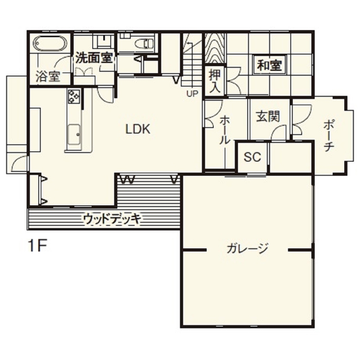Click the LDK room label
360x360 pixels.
[138, 129]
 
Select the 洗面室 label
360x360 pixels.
[94, 58]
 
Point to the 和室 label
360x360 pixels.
[270, 66]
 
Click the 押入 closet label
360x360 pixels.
[215, 82]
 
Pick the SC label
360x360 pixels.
[252, 157]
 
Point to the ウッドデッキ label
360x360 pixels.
[112, 219]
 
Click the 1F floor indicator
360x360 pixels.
[37, 246]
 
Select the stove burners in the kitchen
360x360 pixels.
[74, 96]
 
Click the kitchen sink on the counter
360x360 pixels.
[74, 136]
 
